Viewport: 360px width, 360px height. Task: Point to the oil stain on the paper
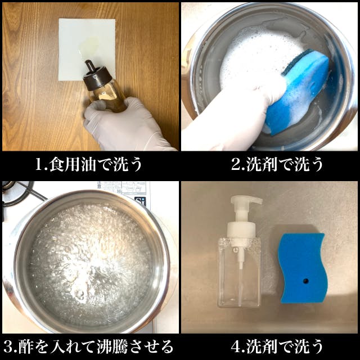click(88, 46)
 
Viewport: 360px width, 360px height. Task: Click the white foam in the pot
click(257, 57)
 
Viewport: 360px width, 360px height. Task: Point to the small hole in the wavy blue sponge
click(305, 281)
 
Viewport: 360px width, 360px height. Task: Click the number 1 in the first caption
click(39, 164)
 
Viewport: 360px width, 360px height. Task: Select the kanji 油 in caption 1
click(89, 164)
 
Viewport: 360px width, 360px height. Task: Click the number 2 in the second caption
click(236, 164)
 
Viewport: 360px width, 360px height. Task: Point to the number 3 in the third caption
click(8, 347)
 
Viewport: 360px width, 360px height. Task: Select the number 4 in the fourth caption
click(236, 347)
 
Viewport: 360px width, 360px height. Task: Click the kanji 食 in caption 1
click(56, 164)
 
